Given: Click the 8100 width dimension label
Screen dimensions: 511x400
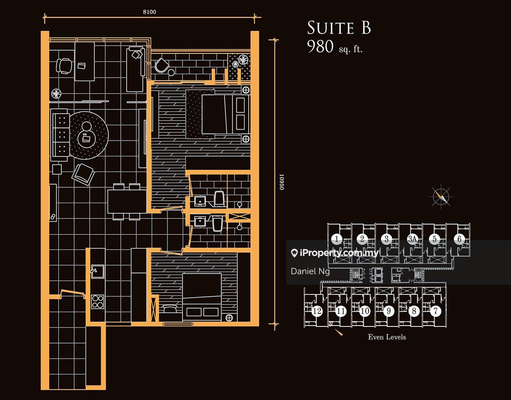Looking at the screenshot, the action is [149, 12].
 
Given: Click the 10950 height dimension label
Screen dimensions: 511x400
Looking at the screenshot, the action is [281, 182].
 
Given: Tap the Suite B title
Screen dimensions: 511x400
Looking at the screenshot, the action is [339, 28].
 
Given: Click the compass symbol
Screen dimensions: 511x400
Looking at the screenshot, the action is [441, 197].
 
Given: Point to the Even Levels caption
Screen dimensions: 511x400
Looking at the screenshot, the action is [387, 337].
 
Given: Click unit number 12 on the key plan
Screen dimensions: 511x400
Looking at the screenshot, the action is [317, 311].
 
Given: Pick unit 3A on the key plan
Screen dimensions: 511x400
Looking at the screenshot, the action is [412, 239].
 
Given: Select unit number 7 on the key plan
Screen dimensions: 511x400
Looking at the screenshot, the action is [436, 311].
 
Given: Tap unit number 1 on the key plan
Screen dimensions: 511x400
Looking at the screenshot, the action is [337, 239].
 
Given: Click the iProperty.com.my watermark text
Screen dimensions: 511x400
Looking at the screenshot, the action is [339, 253].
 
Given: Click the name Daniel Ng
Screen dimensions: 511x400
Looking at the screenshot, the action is [310, 271].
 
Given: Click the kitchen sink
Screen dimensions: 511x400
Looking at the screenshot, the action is [97, 271].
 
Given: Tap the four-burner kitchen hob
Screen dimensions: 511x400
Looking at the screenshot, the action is [98, 302].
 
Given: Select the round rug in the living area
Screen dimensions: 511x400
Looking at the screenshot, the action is [89, 136].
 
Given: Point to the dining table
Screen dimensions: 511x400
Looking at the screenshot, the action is [127, 202].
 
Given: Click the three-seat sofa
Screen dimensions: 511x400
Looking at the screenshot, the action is [60, 135].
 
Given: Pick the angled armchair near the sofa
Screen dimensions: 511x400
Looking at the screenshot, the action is [83, 174].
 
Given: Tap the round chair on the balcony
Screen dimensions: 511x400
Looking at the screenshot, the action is [162, 65].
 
